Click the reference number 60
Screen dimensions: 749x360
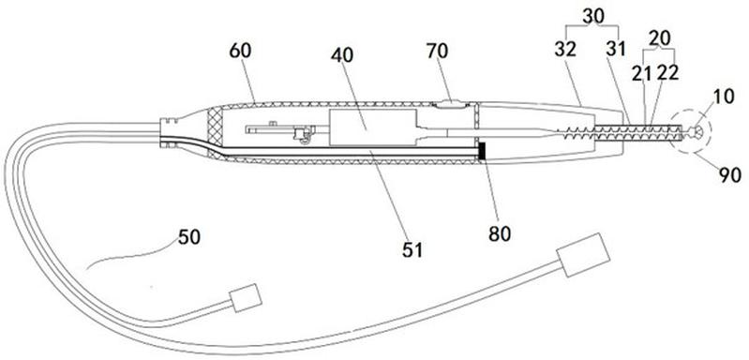tap(240, 51)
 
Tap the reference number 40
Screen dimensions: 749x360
tap(342, 55)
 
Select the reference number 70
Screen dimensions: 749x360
tap(437, 51)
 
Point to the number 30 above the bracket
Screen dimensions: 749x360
tap(593, 16)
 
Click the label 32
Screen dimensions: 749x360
tap(566, 49)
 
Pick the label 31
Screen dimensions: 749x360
tap(616, 49)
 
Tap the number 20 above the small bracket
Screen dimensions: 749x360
tap(660, 37)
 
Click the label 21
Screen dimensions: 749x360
tap(642, 73)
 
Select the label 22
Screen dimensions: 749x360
tap(667, 73)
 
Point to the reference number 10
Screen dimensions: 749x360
tap(725, 97)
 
